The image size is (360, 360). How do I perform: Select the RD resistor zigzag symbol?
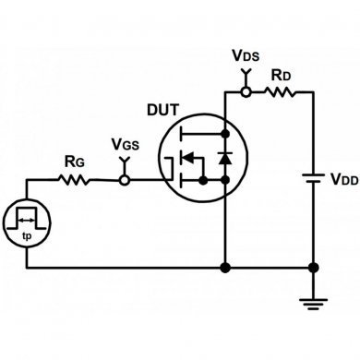[280, 91]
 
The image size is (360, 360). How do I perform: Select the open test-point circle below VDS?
[246, 91]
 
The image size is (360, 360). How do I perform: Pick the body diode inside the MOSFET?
[223, 158]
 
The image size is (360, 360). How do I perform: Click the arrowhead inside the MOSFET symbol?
[187, 158]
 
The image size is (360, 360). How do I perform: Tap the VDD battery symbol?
[314, 177]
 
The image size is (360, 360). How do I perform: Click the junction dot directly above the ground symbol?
[314, 269]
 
